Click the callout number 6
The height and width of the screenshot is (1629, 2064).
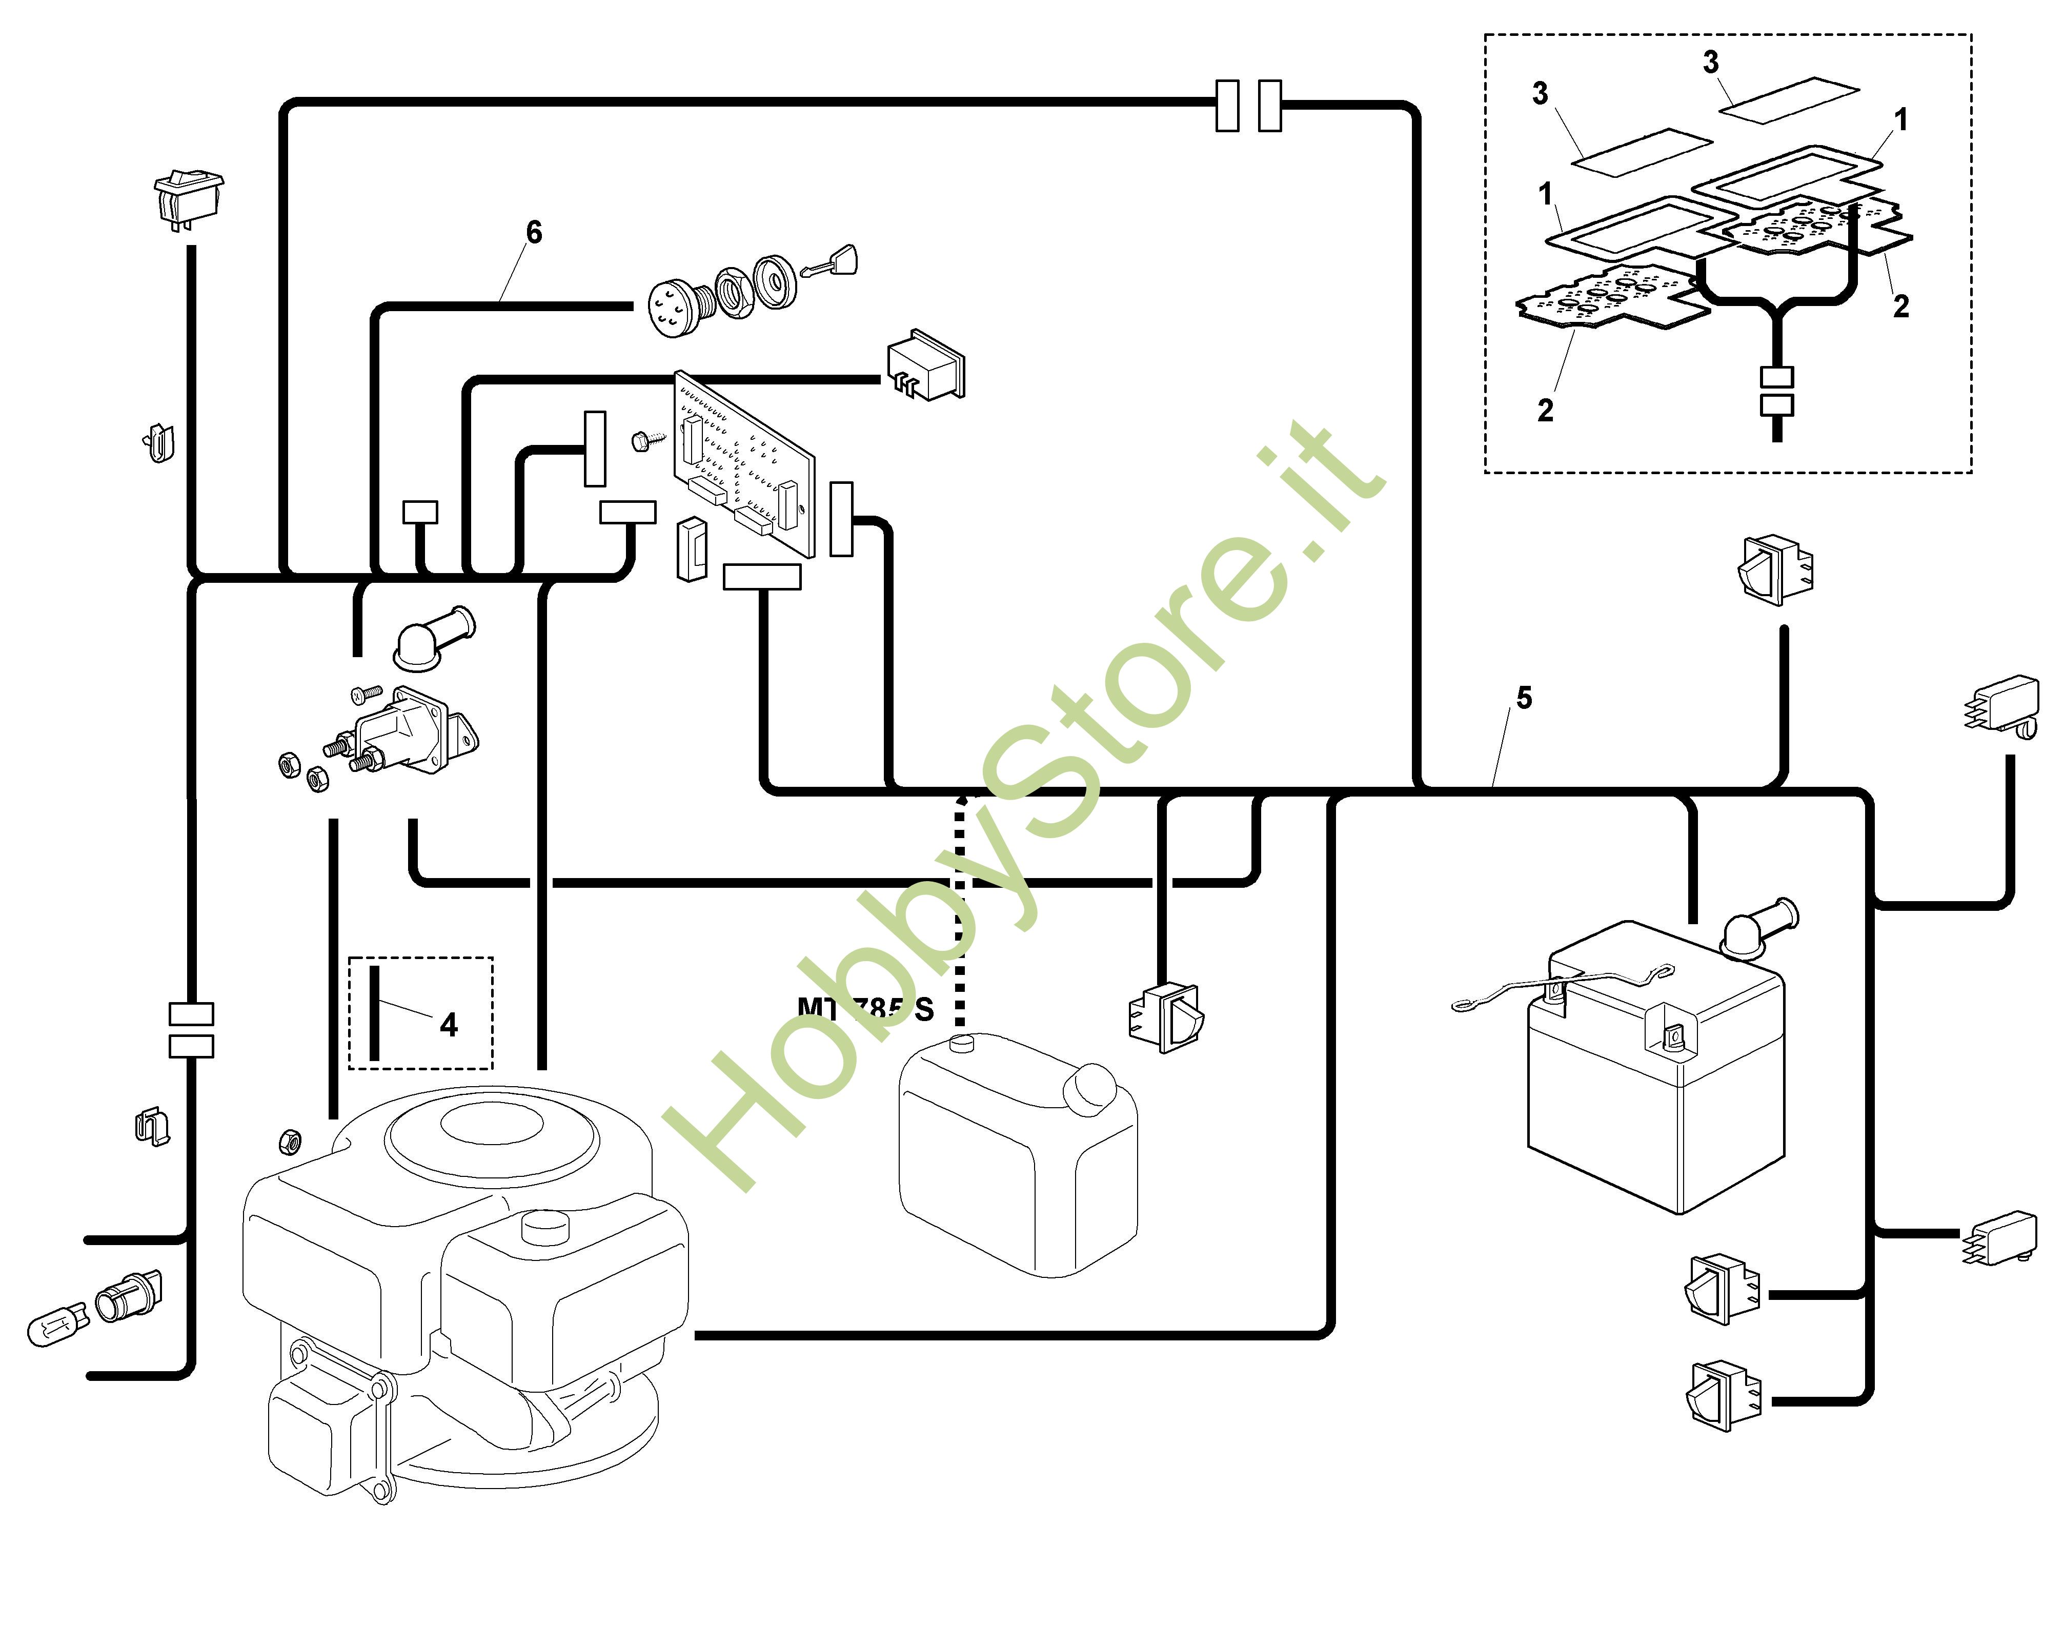click(534, 232)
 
